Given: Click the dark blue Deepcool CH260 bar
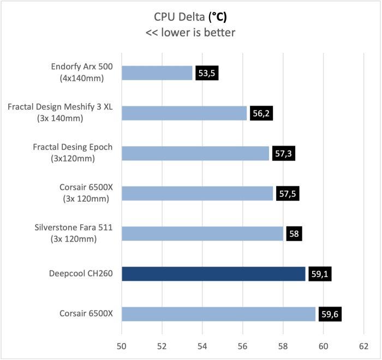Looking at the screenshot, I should tap(213, 274).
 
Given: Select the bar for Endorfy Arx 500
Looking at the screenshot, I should tap(157, 73).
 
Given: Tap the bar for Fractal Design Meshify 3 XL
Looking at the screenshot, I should tap(184, 113).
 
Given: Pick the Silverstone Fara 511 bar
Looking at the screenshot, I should tap(202, 233).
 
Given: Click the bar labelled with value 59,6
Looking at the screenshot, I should tap(218, 314).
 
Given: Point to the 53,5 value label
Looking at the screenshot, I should tap(206, 73).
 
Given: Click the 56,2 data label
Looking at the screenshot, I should tap(260, 113).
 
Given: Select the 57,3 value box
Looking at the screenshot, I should tap(282, 153).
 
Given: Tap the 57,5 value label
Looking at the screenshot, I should tap(286, 194).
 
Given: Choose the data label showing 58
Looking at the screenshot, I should tap(293, 233).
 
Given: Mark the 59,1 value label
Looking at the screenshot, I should tap(319, 274).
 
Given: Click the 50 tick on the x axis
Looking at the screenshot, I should tap(121, 345).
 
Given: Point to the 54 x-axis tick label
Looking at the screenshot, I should tap(202, 345).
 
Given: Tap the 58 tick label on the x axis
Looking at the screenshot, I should tap(283, 345).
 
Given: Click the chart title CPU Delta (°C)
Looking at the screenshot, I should tap(190, 16).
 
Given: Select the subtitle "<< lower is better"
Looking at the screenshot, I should tap(190, 33).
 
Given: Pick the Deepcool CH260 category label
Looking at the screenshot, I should tap(80, 274).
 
